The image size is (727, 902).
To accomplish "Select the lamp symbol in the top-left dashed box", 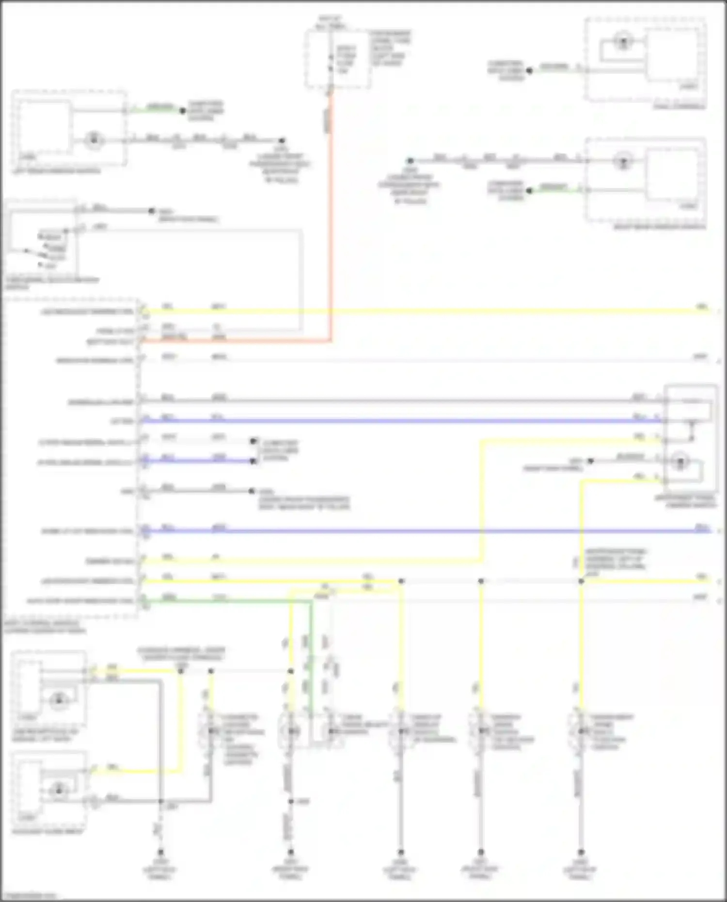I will pyautogui.click(x=94, y=141).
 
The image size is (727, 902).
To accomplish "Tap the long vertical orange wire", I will pyautogui.click(x=331, y=218).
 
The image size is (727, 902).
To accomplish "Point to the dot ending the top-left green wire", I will pyautogui.click(x=183, y=111).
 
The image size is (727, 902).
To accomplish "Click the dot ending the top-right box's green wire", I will pyautogui.click(x=529, y=71).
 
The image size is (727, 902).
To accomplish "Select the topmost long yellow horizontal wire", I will pyautogui.click(x=422, y=311).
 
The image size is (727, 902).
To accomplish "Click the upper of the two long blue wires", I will pyautogui.click(x=402, y=421).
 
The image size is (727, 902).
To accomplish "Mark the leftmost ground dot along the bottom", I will pyautogui.click(x=160, y=852).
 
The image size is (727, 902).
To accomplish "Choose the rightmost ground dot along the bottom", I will pyautogui.click(x=581, y=852).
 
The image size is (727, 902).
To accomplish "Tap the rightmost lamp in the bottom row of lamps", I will pyautogui.click(x=581, y=731).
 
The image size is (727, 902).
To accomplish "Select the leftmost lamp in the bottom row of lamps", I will pyautogui.click(x=211, y=731).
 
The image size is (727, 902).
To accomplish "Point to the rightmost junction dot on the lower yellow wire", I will pyautogui.click(x=581, y=581).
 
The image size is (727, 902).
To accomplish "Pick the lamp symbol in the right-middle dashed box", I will pyautogui.click(x=623, y=160).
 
